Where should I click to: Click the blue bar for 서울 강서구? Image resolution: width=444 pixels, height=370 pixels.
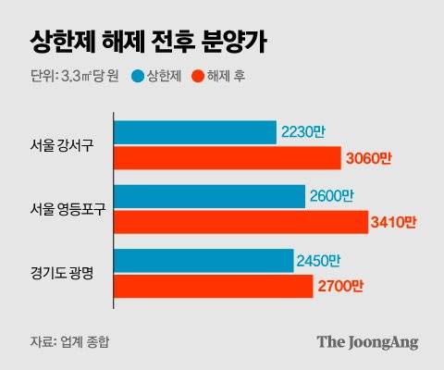194,132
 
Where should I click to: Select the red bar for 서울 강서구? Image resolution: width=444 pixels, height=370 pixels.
227,158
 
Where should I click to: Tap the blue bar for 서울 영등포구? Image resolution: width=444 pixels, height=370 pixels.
209,196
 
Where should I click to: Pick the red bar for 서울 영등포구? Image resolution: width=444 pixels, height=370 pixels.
240,222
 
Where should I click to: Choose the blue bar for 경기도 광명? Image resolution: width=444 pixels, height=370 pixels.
202,261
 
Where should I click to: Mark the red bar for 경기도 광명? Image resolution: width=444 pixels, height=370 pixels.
213,287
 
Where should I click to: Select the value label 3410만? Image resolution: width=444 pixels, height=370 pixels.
394,223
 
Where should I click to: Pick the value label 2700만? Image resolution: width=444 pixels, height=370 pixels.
341,288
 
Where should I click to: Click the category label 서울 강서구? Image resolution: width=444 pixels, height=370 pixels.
62,145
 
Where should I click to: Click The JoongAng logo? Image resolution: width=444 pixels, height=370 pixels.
367,341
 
